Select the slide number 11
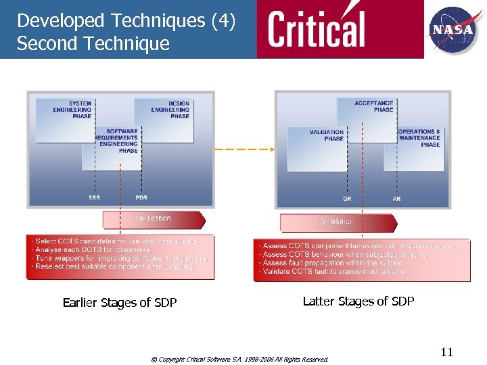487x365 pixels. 446,352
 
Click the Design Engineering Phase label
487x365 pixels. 171,110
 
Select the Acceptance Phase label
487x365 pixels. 373,107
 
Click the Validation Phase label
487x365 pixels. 327,135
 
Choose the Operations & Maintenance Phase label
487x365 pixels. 420,138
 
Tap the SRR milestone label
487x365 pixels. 95,197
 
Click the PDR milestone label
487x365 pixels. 141,197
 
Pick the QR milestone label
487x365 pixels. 347,199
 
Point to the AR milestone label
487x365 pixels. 396,199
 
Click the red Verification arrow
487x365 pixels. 154,219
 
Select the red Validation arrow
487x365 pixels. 338,222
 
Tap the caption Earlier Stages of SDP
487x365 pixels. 120,303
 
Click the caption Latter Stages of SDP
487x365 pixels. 358,301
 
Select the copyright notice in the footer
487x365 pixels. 239,360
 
